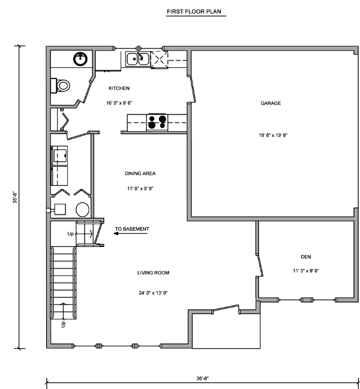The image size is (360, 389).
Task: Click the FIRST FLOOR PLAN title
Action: (194, 11)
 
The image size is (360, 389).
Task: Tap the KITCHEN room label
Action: (119, 88)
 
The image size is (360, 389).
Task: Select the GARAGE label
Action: (271, 103)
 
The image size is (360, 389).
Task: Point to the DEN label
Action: (305, 257)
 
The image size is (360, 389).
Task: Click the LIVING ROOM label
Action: (153, 273)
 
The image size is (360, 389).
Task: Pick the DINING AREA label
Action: (140, 173)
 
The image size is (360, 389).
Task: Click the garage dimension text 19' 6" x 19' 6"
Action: (273, 135)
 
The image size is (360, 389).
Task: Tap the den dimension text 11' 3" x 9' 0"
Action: (306, 271)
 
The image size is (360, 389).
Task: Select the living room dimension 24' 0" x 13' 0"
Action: (153, 293)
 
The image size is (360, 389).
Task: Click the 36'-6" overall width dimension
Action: (203, 378)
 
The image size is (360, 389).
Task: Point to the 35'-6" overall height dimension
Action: (15, 197)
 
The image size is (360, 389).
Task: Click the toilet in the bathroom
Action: (61, 86)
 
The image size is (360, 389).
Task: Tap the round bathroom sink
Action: (80, 59)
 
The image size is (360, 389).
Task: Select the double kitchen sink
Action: (137, 59)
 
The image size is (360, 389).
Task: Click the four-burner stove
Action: (157, 122)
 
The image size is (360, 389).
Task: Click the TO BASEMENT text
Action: (132, 229)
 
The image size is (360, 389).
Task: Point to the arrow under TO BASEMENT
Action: (130, 233)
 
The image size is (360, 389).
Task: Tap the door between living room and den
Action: (259, 265)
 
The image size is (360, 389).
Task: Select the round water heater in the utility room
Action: (82, 210)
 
